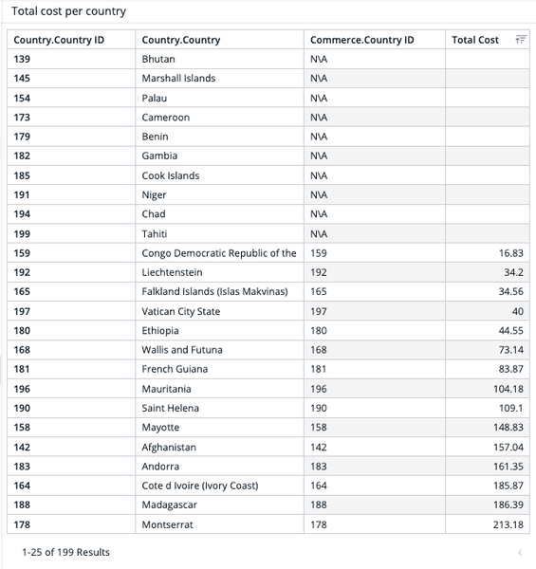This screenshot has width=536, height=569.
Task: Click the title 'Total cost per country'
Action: click(x=68, y=11)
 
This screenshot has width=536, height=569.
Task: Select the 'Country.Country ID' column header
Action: click(x=59, y=40)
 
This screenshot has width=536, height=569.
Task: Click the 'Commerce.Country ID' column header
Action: click(x=361, y=40)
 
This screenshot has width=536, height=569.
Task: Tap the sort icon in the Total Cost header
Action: click(x=520, y=40)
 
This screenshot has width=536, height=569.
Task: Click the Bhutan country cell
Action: click(x=158, y=59)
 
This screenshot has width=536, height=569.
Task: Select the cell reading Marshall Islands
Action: click(x=178, y=78)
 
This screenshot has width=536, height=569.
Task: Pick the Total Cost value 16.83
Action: click(x=510, y=253)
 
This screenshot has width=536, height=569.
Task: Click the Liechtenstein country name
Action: click(x=172, y=272)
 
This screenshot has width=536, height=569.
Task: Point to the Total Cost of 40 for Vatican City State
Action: click(x=517, y=311)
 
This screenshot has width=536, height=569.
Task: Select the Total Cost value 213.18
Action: click(x=508, y=524)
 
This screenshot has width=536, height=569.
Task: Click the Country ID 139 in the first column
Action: click(x=23, y=59)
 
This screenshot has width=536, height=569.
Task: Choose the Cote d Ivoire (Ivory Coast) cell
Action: click(x=203, y=486)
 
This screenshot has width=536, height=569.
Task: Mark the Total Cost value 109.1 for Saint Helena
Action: click(x=510, y=408)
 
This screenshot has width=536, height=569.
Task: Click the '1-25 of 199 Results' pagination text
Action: click(x=65, y=552)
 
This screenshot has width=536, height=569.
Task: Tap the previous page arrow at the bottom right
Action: click(x=520, y=552)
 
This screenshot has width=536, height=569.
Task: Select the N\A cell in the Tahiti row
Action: click(x=319, y=233)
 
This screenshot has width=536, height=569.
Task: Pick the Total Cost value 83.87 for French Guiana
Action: click(x=510, y=369)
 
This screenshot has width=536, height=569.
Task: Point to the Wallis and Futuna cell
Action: click(x=182, y=350)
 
